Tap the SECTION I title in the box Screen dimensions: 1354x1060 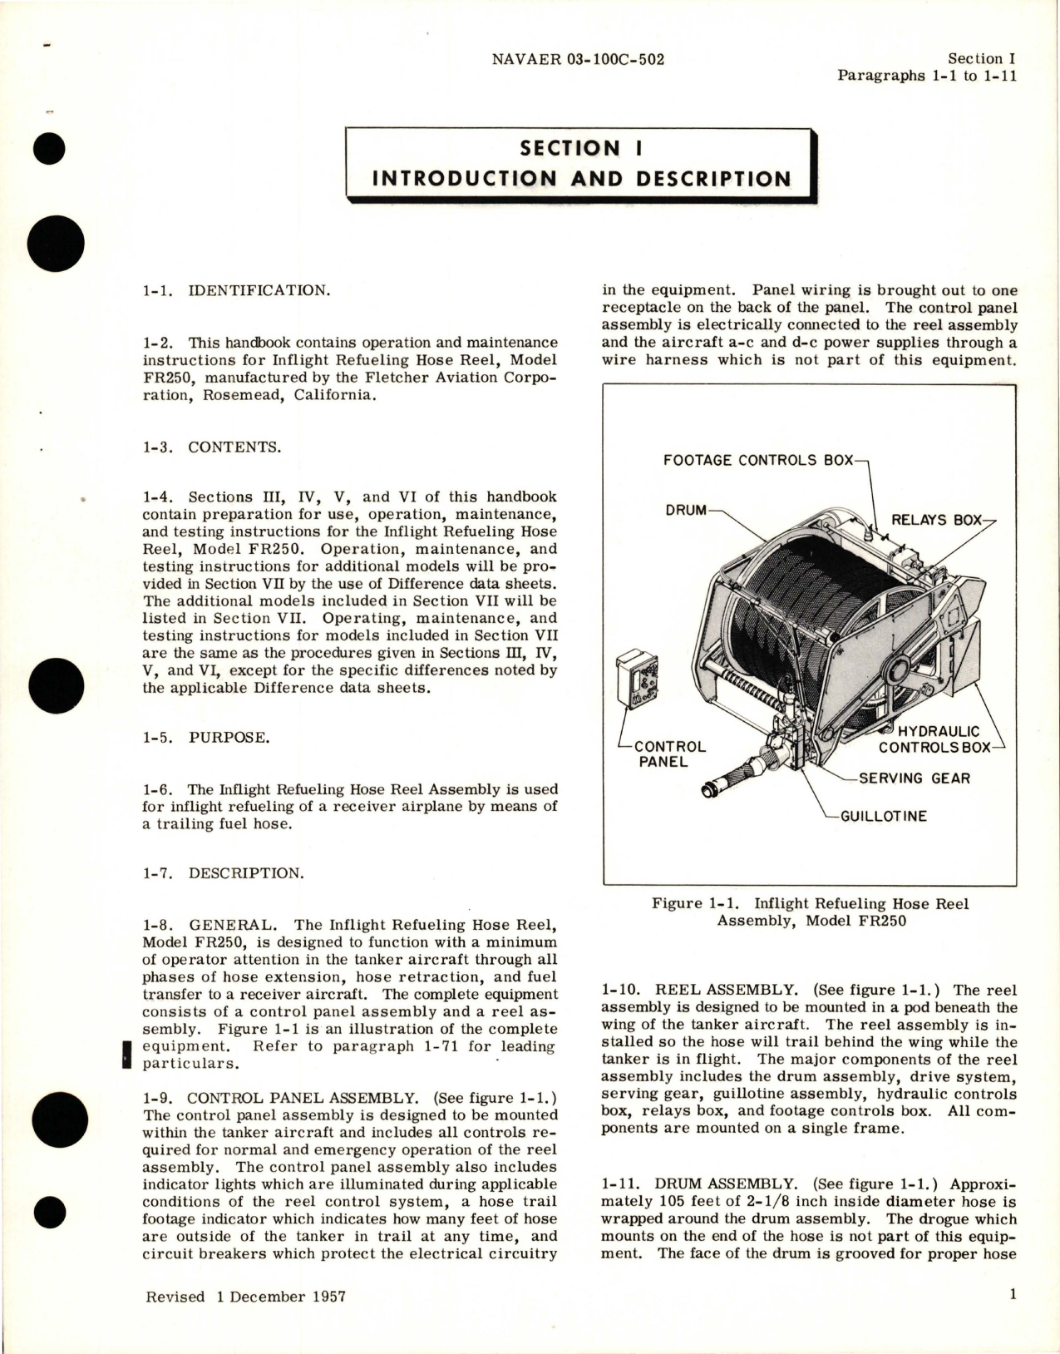(580, 148)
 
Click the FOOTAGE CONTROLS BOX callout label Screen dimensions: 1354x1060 (758, 460)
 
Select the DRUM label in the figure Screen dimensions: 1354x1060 (685, 510)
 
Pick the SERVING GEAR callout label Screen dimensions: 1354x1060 (914, 778)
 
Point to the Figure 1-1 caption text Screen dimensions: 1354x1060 (811, 912)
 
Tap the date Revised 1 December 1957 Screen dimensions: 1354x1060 (246, 1296)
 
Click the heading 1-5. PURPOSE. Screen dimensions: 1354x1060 (206, 738)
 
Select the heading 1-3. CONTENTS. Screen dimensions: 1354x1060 (212, 447)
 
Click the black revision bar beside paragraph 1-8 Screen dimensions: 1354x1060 (126, 1055)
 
